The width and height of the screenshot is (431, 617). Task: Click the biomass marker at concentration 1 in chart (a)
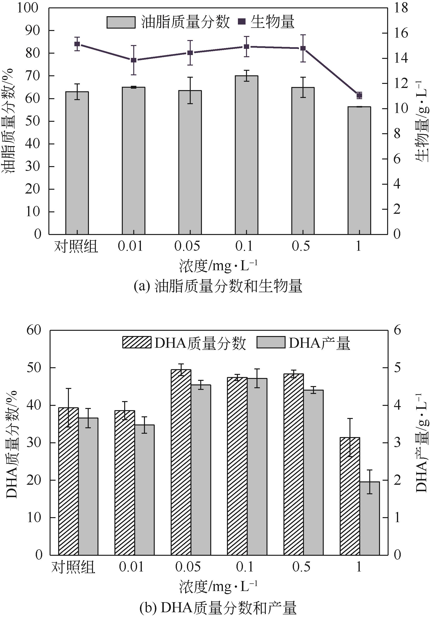(x=359, y=95)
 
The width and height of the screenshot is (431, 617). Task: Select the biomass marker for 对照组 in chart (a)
(x=77, y=44)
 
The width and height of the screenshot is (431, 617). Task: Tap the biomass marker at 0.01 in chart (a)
(x=134, y=60)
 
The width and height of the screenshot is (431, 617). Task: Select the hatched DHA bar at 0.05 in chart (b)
(x=181, y=462)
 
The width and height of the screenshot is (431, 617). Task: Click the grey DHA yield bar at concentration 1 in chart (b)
(x=370, y=518)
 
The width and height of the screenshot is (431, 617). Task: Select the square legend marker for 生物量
(x=242, y=22)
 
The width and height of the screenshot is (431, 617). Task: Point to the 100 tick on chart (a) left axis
(x=28, y=8)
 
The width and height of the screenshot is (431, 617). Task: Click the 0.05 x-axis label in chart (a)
(x=187, y=246)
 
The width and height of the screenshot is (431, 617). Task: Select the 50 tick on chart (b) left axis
(x=33, y=368)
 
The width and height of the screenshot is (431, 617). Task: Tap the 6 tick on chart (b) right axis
(x=397, y=330)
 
